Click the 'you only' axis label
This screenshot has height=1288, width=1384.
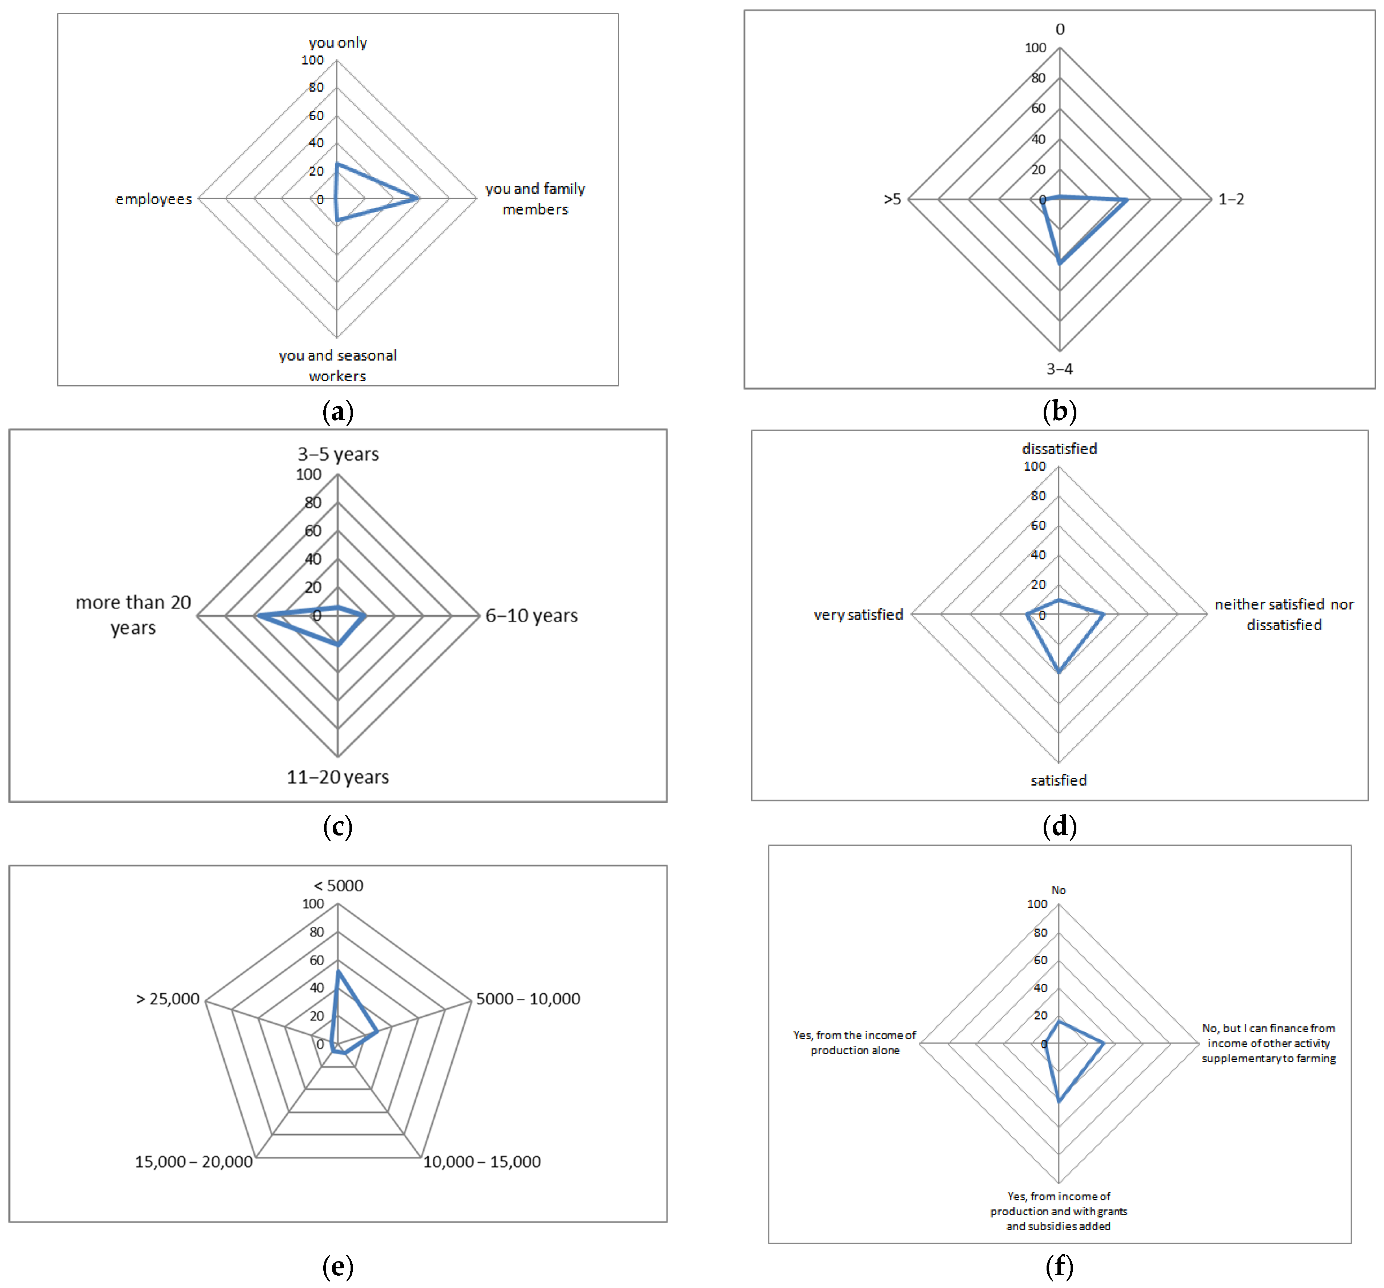click(x=338, y=43)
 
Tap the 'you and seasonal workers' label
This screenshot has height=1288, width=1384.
click(x=338, y=365)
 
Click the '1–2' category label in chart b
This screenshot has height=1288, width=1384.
click(x=1231, y=199)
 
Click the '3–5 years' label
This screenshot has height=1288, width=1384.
click(x=338, y=454)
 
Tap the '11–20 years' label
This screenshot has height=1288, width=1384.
click(x=338, y=777)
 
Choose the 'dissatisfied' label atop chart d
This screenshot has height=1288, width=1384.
click(x=1059, y=449)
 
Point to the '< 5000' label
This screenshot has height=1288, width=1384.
click(x=338, y=885)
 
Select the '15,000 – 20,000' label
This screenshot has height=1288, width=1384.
click(x=193, y=1162)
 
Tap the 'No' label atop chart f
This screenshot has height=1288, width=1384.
click(x=1058, y=890)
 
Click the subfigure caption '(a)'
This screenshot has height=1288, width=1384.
click(x=338, y=411)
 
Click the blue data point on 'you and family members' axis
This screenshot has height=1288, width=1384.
click(x=419, y=199)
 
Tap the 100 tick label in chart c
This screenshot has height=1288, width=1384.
click(x=308, y=475)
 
